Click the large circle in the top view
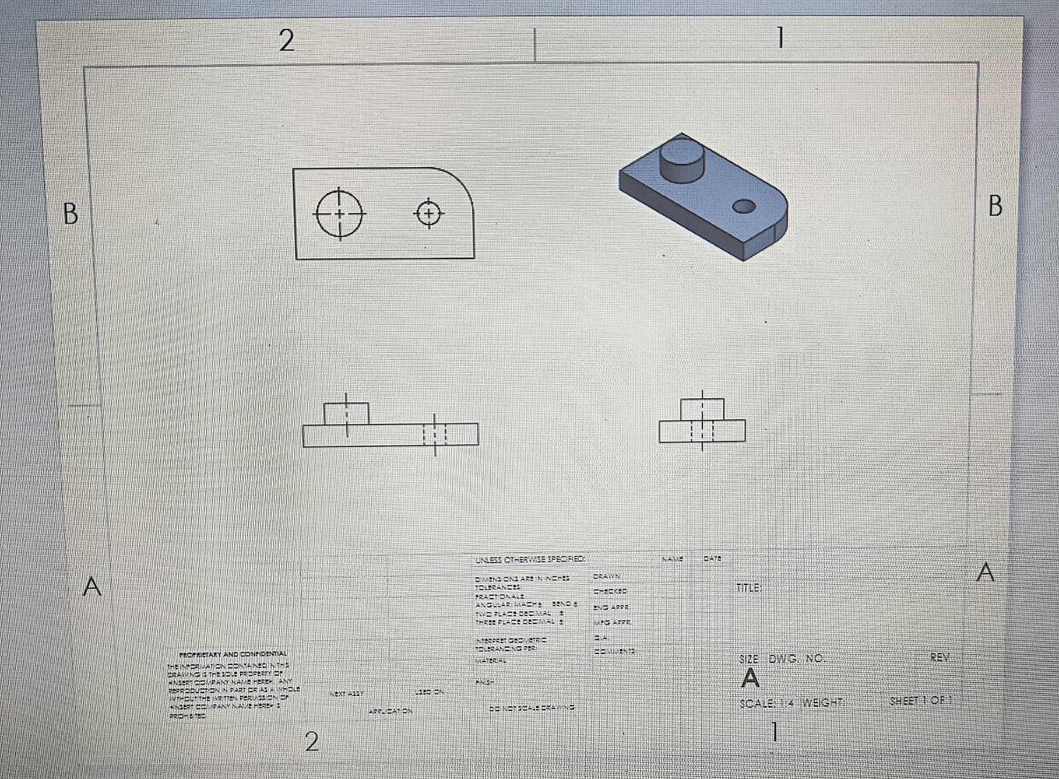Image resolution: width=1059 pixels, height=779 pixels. (340, 214)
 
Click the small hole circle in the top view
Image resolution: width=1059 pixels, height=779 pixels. (429, 214)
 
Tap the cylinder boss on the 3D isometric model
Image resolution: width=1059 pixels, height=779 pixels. (681, 162)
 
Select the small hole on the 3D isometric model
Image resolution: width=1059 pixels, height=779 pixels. (743, 207)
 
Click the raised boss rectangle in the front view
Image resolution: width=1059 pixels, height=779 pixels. (346, 414)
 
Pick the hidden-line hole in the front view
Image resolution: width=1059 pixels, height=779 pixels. (435, 435)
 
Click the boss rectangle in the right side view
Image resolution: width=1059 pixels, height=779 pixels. (702, 408)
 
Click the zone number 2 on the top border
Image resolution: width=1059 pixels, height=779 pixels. (286, 41)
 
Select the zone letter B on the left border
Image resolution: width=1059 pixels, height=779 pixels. (70, 214)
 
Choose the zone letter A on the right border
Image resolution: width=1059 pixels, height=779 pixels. (986, 573)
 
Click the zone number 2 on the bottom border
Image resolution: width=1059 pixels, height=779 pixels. (311, 741)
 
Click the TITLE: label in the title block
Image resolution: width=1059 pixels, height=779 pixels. (749, 588)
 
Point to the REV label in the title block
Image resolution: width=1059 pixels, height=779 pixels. (940, 657)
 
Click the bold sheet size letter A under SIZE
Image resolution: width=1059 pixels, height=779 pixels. (750, 679)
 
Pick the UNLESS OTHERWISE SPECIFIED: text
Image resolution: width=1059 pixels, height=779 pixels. (530, 559)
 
